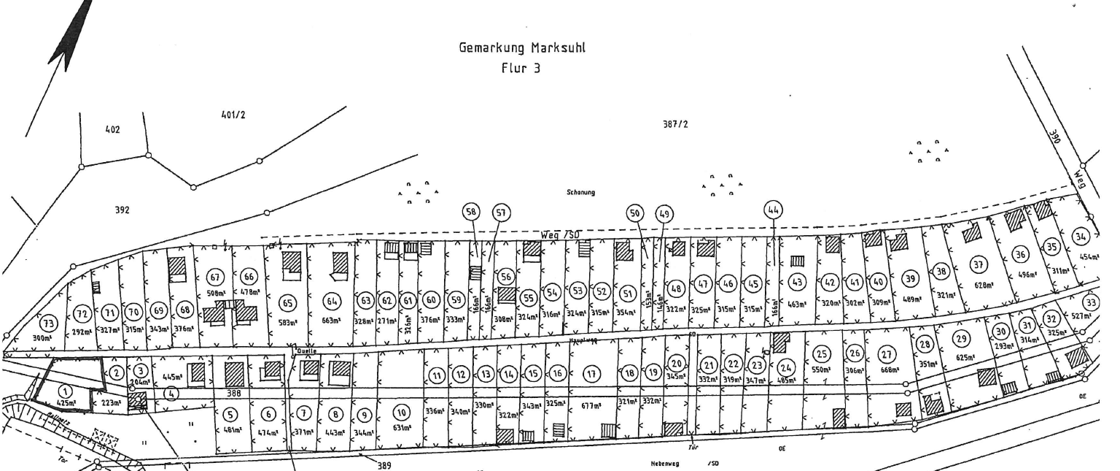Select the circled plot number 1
[x=65, y=391]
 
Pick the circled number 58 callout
[x=473, y=212]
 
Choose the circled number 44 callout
[x=774, y=210]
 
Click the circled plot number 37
[x=979, y=266]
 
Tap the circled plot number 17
[x=592, y=374]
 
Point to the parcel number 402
[x=112, y=130]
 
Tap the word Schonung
[x=582, y=193]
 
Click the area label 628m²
[x=984, y=286]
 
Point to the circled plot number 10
[x=400, y=411]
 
